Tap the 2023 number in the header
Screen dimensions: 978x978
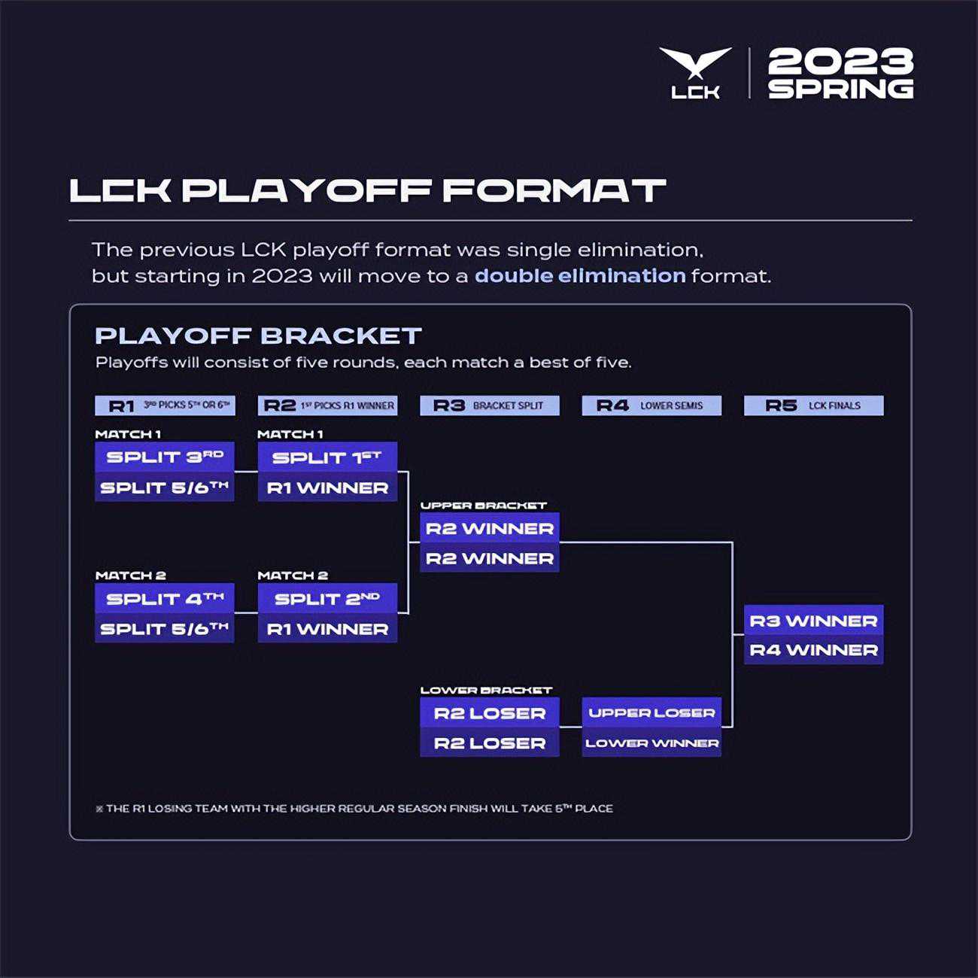point(840,62)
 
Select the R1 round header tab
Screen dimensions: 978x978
point(165,405)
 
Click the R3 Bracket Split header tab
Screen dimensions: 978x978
point(490,405)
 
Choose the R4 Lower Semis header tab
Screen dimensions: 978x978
point(651,405)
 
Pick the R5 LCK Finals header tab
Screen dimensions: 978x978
point(813,405)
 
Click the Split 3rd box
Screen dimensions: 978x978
point(165,457)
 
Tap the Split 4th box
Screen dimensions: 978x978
point(165,598)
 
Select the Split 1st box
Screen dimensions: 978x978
point(327,457)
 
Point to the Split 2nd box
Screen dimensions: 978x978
point(327,598)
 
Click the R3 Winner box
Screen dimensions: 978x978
point(813,620)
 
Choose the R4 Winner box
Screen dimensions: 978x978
point(813,650)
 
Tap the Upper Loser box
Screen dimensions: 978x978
point(651,712)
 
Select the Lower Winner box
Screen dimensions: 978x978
point(651,743)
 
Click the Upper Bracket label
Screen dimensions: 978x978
point(483,506)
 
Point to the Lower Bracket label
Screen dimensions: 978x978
point(486,690)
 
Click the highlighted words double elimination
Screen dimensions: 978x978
point(580,275)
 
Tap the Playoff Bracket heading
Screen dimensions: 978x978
point(258,336)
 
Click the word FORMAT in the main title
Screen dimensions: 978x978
point(554,190)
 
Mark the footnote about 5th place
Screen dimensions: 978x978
point(354,809)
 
